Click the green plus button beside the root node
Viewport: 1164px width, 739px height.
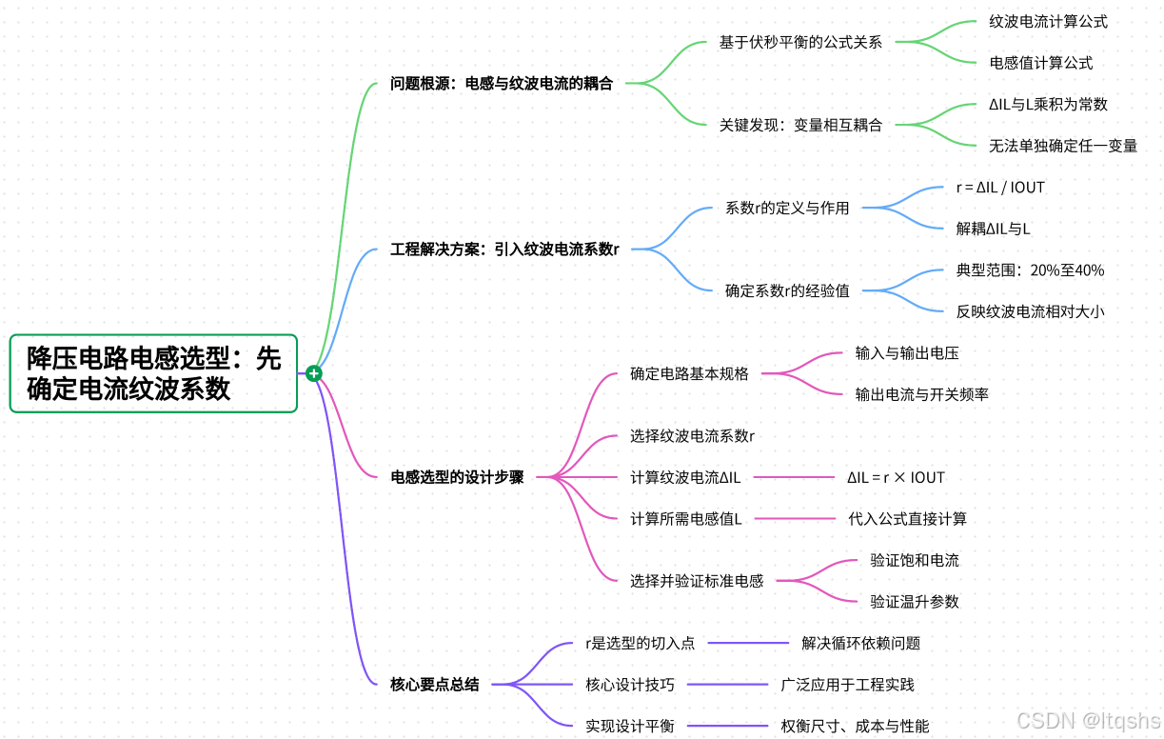pyautogui.click(x=313, y=373)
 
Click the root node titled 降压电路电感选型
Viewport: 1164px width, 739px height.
pyautogui.click(x=153, y=373)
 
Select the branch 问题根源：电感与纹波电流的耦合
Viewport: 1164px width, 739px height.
pyautogui.click(x=502, y=84)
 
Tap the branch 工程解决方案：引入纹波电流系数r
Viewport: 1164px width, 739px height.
pyautogui.click(x=504, y=250)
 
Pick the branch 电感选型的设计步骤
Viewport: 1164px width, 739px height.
pyautogui.click(x=457, y=477)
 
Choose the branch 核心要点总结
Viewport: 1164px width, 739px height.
pyautogui.click(x=435, y=684)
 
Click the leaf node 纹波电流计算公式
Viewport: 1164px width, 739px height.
pyautogui.click(x=1048, y=21)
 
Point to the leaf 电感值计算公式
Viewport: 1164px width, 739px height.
pyautogui.click(x=1040, y=63)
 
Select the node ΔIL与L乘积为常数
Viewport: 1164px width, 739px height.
pyautogui.click(x=1048, y=105)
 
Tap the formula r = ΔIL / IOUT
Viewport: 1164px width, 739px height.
pyautogui.click(x=1000, y=188)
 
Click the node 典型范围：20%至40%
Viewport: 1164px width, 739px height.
pyautogui.click(x=1030, y=270)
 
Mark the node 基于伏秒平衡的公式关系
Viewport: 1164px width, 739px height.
pyautogui.click(x=800, y=42)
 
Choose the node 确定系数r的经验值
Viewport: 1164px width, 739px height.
pyautogui.click(x=787, y=290)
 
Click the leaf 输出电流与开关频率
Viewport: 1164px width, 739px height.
pyautogui.click(x=921, y=394)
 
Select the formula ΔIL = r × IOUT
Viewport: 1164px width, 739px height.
pyautogui.click(x=896, y=477)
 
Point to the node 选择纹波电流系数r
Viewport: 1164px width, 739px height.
pyautogui.click(x=692, y=436)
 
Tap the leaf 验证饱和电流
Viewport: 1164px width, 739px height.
pyautogui.click(x=914, y=560)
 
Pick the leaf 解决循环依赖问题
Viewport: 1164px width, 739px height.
pyautogui.click(x=860, y=643)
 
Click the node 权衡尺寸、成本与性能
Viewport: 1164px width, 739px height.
pyautogui.click(x=855, y=726)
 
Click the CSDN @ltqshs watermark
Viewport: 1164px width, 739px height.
pyautogui.click(x=1088, y=721)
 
